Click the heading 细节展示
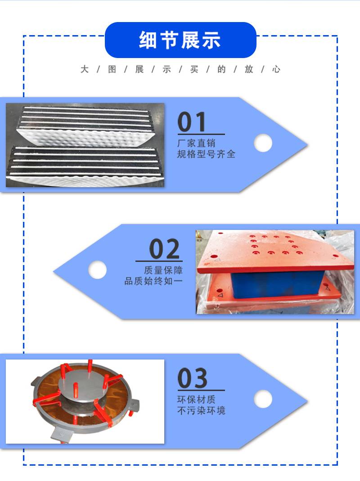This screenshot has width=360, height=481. (x=180, y=40)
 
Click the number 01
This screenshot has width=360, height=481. (x=192, y=122)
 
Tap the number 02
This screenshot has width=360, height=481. (x=164, y=249)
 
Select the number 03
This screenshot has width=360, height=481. (x=193, y=378)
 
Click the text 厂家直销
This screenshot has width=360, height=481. (x=196, y=143)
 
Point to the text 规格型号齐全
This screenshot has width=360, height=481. (x=206, y=154)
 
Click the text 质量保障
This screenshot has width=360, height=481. (x=163, y=270)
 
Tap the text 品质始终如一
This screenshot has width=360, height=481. (x=153, y=281)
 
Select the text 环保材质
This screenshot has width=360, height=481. (x=196, y=400)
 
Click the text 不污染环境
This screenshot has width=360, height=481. (x=201, y=410)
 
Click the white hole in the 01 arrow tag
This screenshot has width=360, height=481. (x=263, y=143)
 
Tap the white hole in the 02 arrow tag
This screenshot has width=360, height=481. (x=97, y=270)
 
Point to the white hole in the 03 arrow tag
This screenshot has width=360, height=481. (x=263, y=399)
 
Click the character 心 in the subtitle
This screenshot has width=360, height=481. (x=276, y=69)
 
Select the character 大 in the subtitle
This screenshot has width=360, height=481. (x=85, y=69)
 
